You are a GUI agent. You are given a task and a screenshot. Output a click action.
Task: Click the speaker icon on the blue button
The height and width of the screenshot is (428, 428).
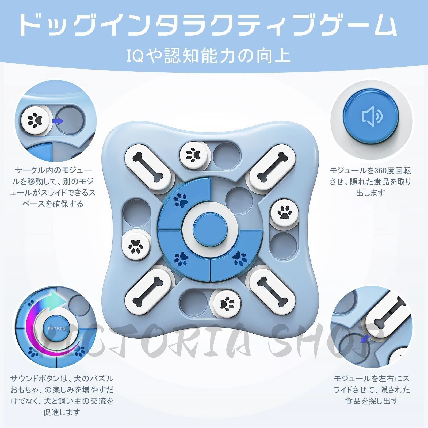click(x=372, y=117)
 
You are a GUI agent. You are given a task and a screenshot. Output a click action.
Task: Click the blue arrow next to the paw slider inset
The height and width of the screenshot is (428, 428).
click(x=58, y=121)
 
